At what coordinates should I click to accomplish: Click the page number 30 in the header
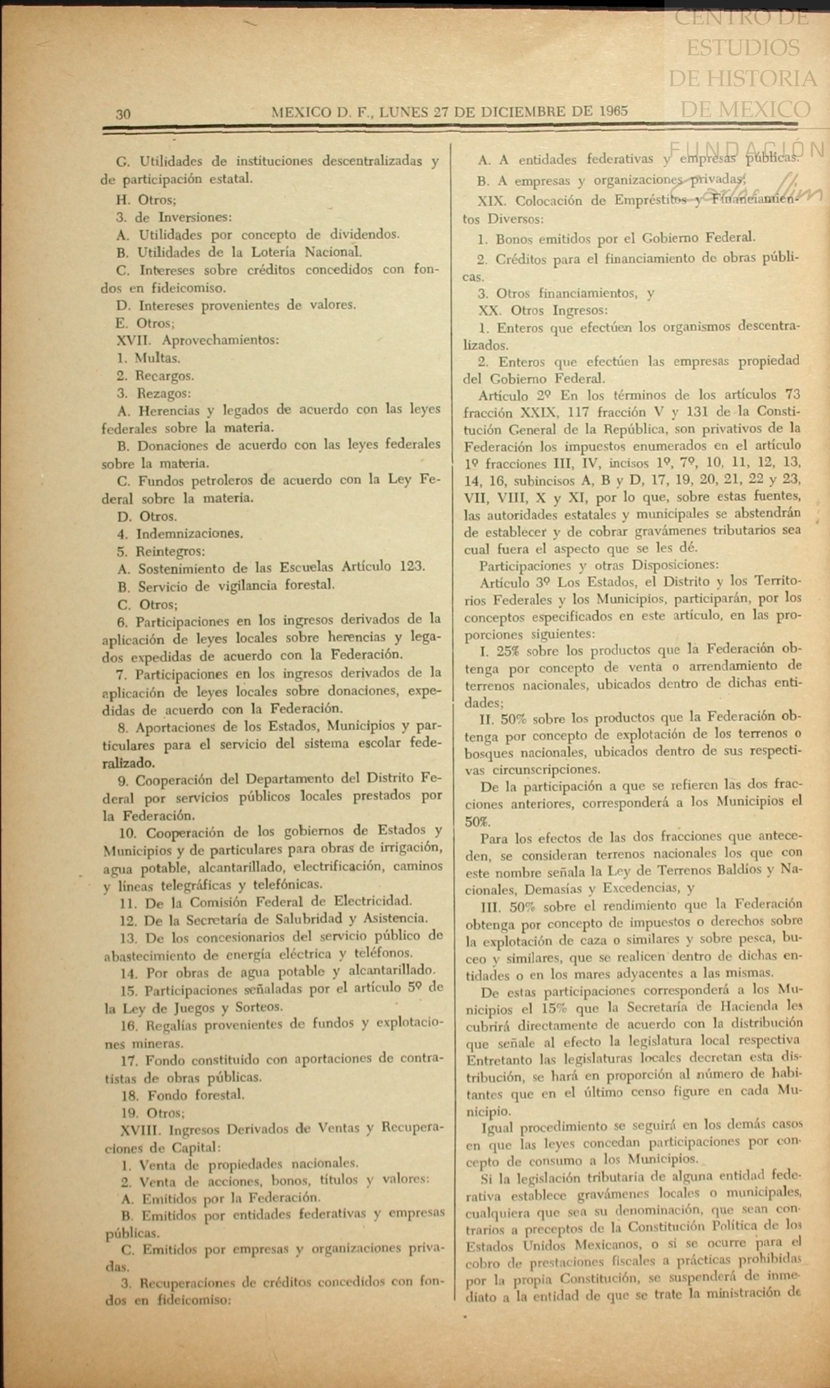coord(123,114)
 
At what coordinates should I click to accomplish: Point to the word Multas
coord(157,358)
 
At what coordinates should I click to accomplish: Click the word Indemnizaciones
coord(189,534)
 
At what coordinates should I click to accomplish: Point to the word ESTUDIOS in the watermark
coord(743,48)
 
